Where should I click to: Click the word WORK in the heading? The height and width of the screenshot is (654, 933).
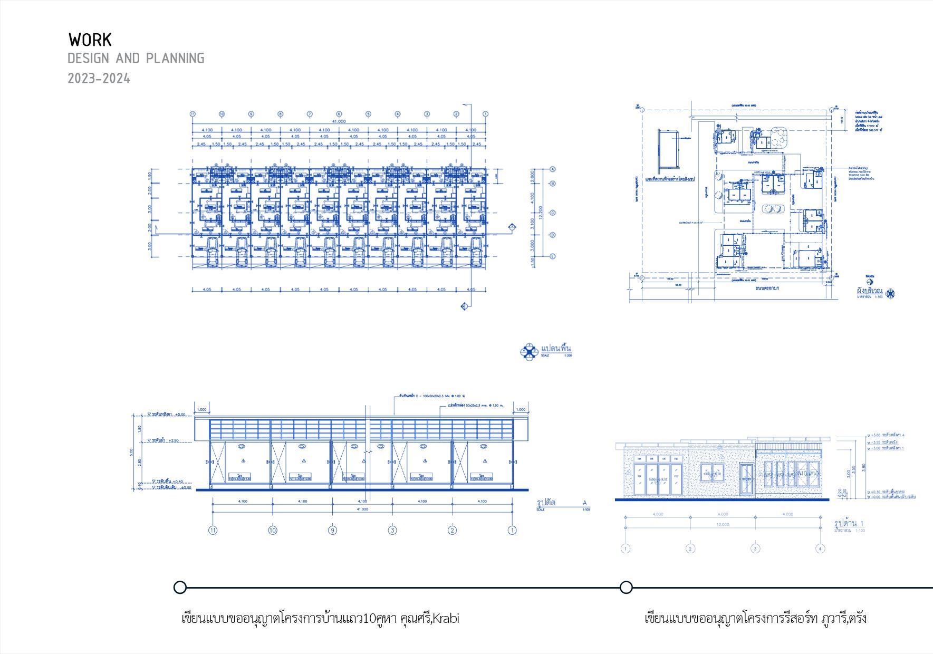[90, 40]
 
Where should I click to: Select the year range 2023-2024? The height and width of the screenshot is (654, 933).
[99, 79]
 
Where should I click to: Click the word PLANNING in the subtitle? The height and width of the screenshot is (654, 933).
[175, 58]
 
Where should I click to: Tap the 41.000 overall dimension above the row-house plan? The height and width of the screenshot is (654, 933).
[339, 121]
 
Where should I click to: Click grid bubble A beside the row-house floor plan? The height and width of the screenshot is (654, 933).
[553, 169]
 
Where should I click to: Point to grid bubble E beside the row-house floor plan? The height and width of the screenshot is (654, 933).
[553, 256]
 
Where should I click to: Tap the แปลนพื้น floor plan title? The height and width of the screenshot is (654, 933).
[556, 349]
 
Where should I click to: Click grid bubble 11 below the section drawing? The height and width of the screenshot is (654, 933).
[213, 530]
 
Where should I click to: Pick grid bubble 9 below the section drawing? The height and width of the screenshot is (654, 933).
[332, 530]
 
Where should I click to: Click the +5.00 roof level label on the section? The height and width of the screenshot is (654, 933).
[179, 415]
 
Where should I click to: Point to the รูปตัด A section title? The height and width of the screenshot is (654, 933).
[547, 503]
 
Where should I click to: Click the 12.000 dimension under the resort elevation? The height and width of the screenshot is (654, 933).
[723, 524]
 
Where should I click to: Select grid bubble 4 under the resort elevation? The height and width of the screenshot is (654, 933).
[820, 549]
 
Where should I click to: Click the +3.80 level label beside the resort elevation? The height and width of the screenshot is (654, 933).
[876, 435]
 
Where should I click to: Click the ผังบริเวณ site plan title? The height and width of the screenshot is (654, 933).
[869, 291]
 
